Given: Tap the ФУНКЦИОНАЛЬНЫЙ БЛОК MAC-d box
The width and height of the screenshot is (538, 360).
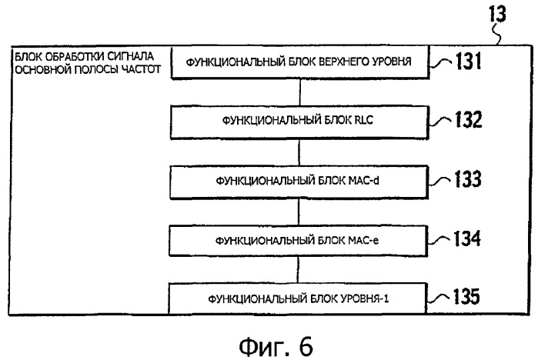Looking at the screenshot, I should pos(299,180).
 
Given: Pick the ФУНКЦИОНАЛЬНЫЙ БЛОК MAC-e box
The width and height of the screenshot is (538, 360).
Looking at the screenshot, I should pos(299,238).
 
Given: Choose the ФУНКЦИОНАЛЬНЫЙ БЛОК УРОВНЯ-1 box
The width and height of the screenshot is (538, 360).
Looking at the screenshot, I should pos(299,297).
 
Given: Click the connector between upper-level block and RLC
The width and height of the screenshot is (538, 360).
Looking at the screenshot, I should pos(299,92).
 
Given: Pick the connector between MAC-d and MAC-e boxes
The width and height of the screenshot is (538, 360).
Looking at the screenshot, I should pos(299,209).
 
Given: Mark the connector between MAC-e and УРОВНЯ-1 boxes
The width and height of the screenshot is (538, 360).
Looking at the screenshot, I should pos(299,268).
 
